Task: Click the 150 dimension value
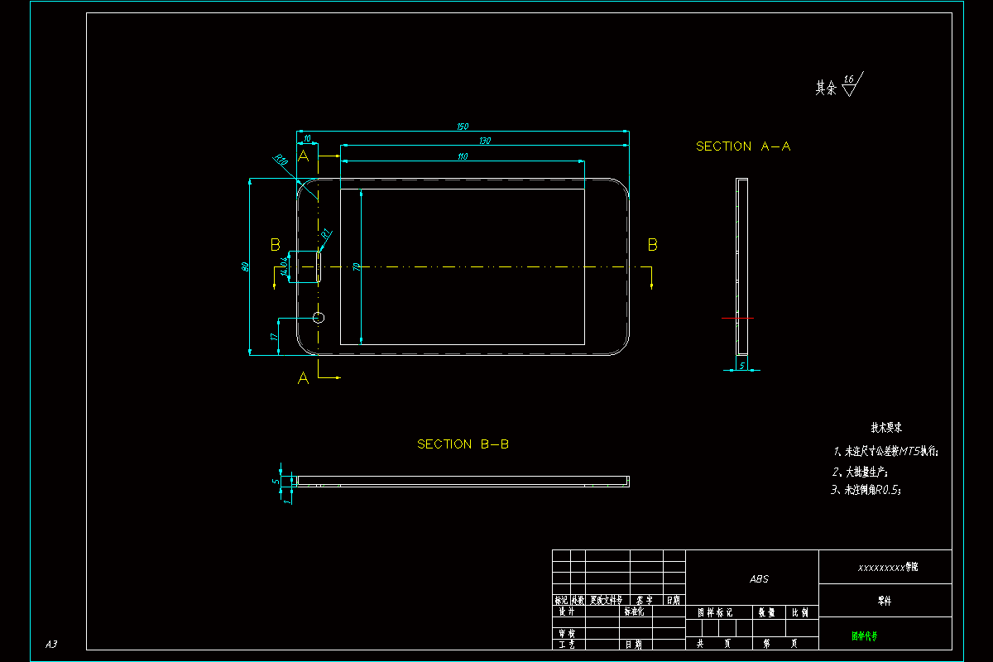coord(463,127)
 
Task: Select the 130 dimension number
coord(485,141)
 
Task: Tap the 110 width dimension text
coord(463,156)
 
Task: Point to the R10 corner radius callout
coord(281,160)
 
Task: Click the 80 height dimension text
coord(245,266)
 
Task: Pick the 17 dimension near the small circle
coord(273,337)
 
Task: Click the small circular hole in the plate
coord(319,317)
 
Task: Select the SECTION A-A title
coord(743,146)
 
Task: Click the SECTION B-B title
coord(463,444)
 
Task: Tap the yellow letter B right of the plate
coord(652,245)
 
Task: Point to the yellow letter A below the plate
coord(303,378)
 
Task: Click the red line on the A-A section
coord(737,318)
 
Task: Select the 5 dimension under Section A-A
coord(742,364)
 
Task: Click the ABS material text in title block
coord(759,579)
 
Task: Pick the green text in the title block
coord(865,636)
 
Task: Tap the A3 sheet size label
coord(51,644)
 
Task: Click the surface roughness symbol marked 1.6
coord(850,84)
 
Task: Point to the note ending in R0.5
coord(866,490)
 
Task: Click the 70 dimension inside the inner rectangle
coord(357,266)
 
